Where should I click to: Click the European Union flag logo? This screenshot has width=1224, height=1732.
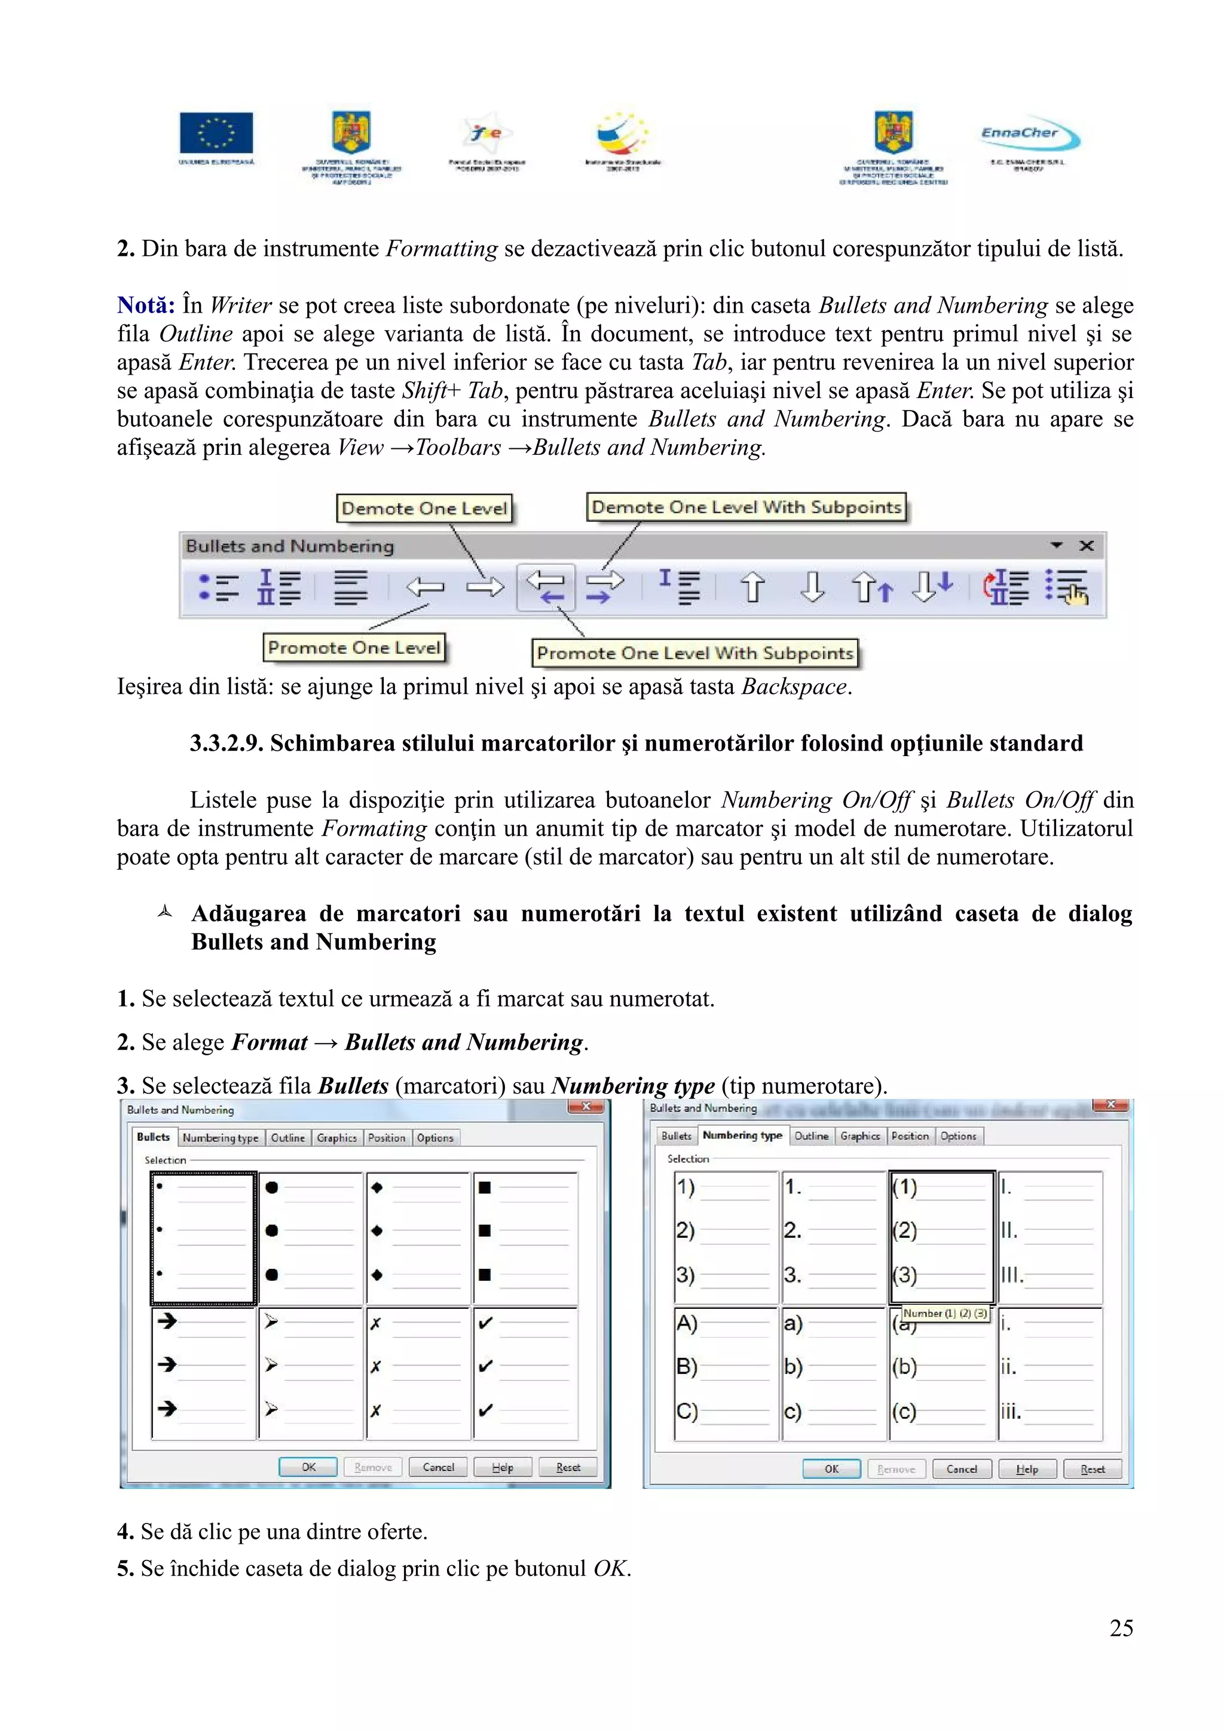click(x=216, y=133)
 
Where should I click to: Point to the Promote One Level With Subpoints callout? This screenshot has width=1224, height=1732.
click(x=694, y=653)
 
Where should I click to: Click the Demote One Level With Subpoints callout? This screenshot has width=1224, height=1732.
click(x=746, y=507)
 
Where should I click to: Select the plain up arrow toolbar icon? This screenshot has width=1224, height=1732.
click(x=752, y=587)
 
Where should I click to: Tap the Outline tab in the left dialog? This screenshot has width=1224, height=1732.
click(x=287, y=1137)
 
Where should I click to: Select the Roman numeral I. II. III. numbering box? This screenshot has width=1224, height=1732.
click(x=1049, y=1237)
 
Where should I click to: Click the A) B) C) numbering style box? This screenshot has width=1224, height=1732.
click(x=726, y=1373)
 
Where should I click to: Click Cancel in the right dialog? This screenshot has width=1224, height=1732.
click(x=961, y=1468)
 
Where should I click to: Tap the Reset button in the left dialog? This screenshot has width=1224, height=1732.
click(x=567, y=1467)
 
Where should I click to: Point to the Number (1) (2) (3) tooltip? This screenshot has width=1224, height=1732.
click(x=944, y=1313)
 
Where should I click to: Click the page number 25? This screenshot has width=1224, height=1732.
click(x=1121, y=1628)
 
